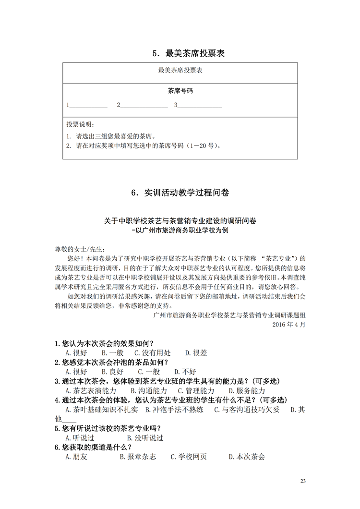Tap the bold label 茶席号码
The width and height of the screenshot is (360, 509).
pyautogui.click(x=180, y=90)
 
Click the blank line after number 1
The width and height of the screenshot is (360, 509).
pyautogui.click(x=89, y=106)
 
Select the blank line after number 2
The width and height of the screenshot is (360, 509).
pyautogui.click(x=144, y=106)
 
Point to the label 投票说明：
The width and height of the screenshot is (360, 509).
pyautogui.click(x=81, y=124)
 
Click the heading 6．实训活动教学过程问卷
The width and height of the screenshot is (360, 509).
pyautogui.click(x=180, y=193)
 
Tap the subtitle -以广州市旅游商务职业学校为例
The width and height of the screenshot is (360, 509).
pyautogui.click(x=180, y=230)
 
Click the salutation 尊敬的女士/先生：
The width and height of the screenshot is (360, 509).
pyautogui.click(x=79, y=249)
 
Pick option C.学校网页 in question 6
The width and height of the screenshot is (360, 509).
pyautogui.click(x=189, y=457)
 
